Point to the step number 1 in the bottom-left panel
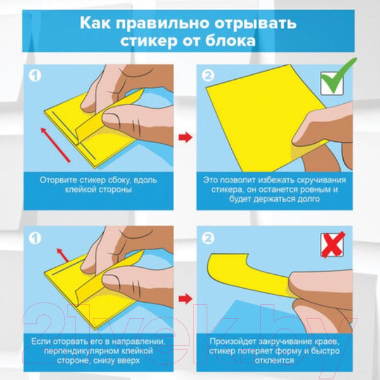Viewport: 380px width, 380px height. [36, 239]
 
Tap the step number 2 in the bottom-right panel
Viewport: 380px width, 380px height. [207, 239]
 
